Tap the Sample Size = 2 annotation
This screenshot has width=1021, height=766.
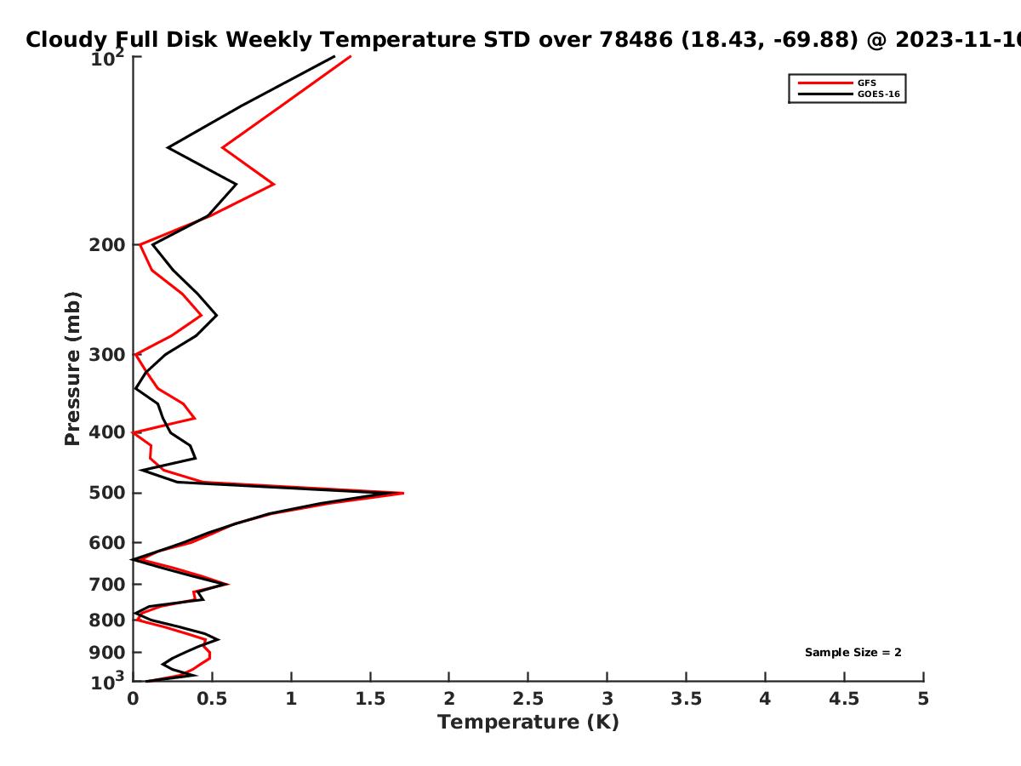pos(853,653)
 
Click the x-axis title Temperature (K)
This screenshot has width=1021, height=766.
pos(528,723)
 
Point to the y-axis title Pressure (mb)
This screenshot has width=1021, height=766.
pos(72,369)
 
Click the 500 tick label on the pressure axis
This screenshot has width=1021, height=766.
pos(107,493)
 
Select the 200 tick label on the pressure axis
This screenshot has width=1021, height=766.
pos(107,244)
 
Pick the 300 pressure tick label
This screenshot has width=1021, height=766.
pos(107,355)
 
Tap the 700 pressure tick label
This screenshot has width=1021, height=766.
pos(107,584)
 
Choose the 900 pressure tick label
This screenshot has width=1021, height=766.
pos(107,653)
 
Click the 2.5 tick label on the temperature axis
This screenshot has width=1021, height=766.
pos(528,699)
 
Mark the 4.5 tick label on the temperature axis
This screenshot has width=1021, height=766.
pos(844,699)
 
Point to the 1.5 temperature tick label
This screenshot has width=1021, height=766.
pos(370,699)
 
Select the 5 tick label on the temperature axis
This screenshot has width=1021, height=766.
pos(923,699)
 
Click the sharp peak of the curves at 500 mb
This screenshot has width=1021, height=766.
pos(402,493)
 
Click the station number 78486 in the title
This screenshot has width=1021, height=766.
pos(636,40)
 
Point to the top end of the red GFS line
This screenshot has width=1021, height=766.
pos(351,57)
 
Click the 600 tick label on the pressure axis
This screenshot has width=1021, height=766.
pos(107,543)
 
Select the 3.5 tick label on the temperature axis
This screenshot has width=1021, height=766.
pos(686,699)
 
